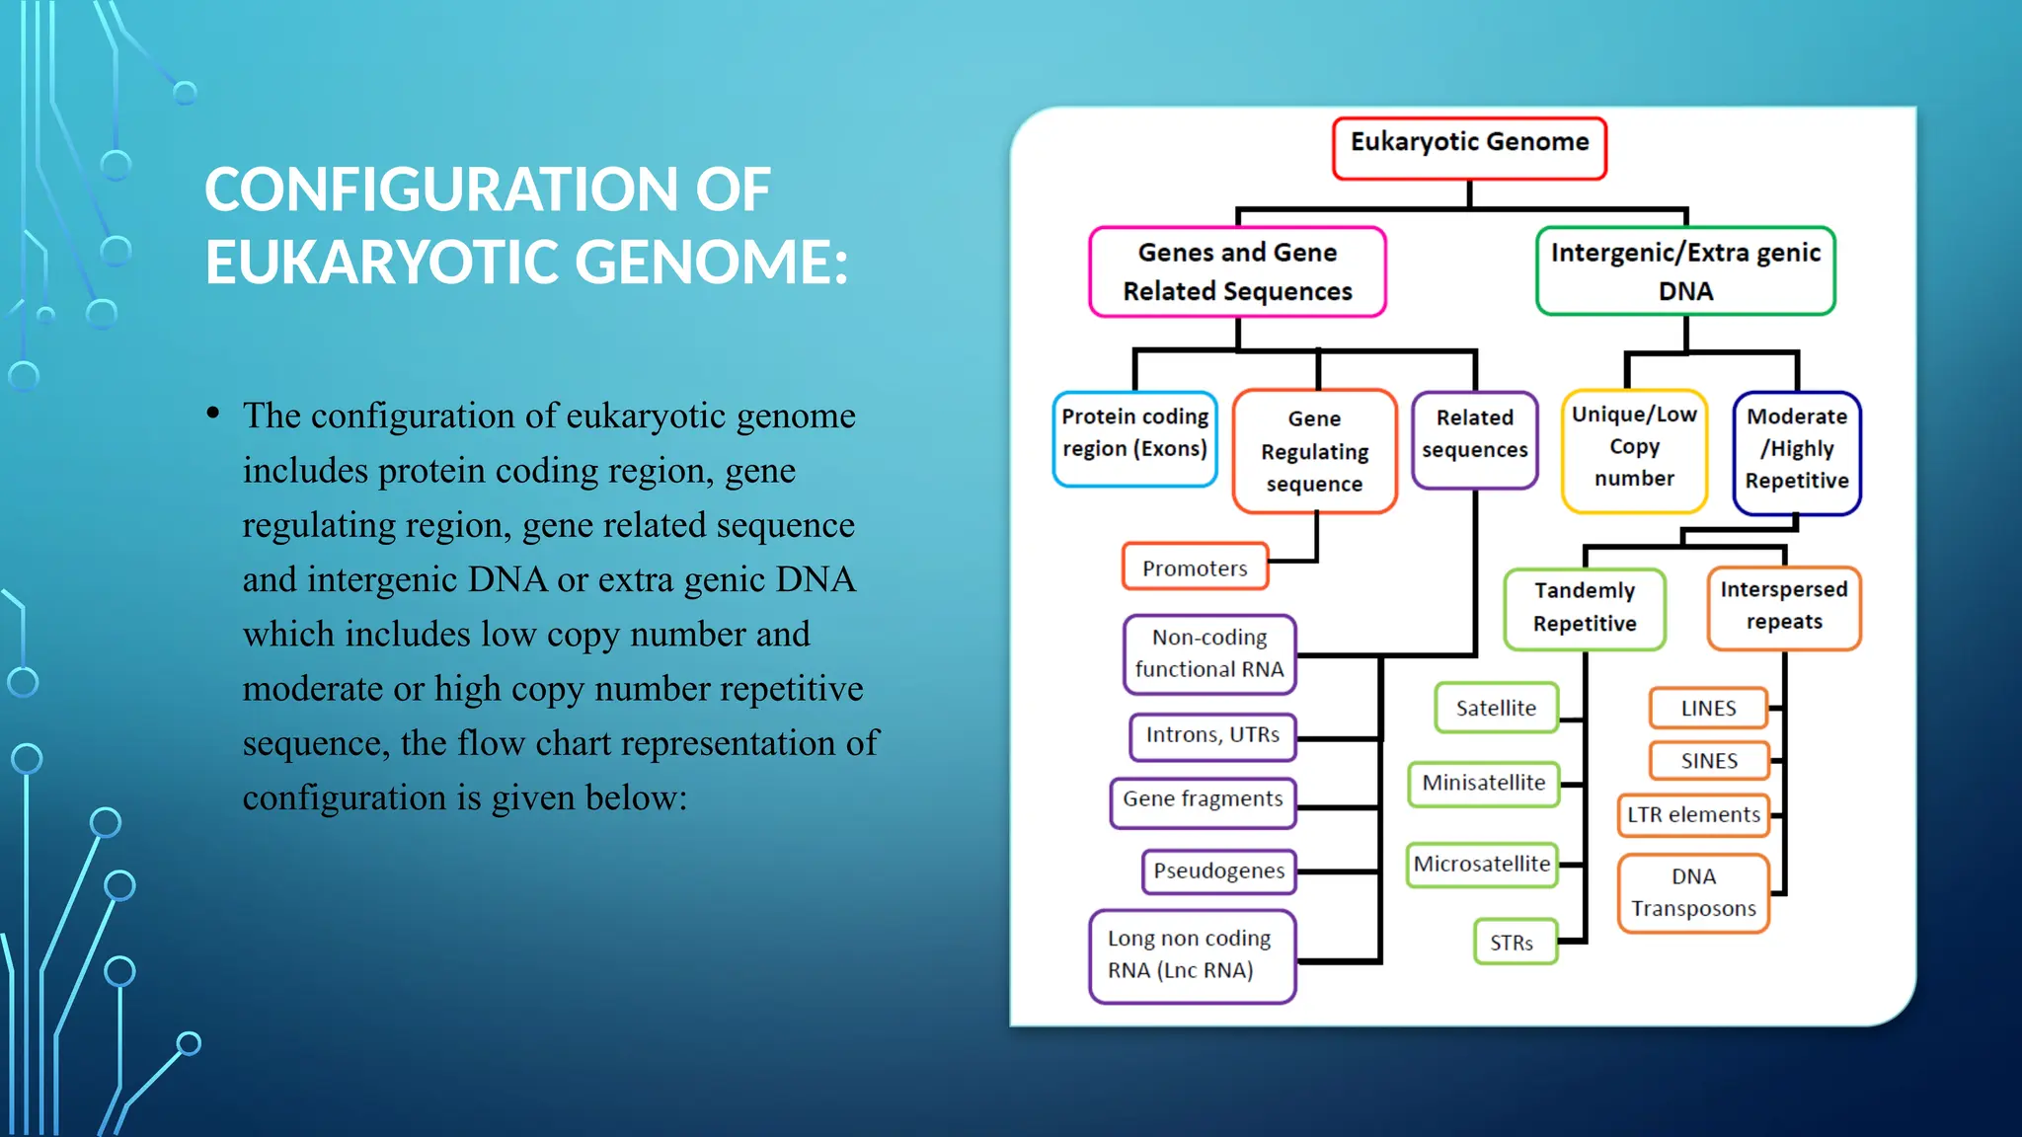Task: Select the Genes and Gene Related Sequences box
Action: pyautogui.click(x=1237, y=271)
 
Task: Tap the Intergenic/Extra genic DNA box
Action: pyautogui.click(x=1685, y=271)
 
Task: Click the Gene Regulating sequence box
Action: pyautogui.click(x=1314, y=451)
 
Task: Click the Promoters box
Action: pyautogui.click(x=1195, y=568)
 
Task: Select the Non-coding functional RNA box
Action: pyautogui.click(x=1209, y=653)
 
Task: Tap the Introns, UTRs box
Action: pyautogui.click(x=1212, y=736)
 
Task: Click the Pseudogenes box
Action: pyautogui.click(x=1218, y=872)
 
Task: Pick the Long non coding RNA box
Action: pyautogui.click(x=1192, y=955)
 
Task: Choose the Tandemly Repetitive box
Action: pyautogui.click(x=1585, y=608)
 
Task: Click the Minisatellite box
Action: pyautogui.click(x=1483, y=784)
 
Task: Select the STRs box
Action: pyautogui.click(x=1512, y=943)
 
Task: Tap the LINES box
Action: pyautogui.click(x=1708, y=709)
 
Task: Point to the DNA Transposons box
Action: pyautogui.click(x=1693, y=893)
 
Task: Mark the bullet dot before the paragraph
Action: pyautogui.click(x=213, y=415)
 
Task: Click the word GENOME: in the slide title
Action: pyautogui.click(x=711, y=263)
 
